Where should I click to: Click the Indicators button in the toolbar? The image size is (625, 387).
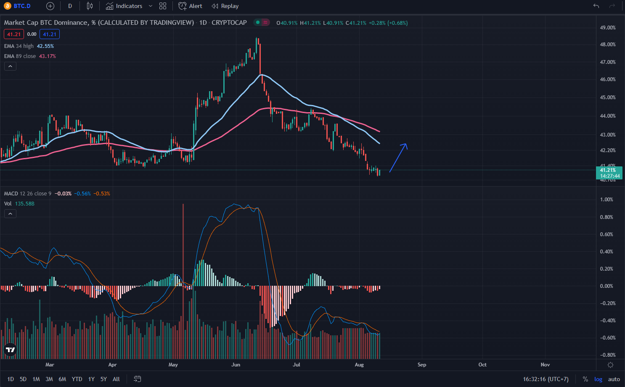click(x=124, y=6)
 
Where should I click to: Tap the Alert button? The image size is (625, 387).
click(x=191, y=6)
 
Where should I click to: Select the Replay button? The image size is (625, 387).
click(x=225, y=6)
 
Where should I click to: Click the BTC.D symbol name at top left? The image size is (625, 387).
click(x=22, y=6)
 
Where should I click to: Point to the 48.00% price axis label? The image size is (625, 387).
click(x=607, y=45)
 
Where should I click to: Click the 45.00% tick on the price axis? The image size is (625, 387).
click(x=607, y=97)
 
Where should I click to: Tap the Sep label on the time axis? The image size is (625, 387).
click(x=422, y=365)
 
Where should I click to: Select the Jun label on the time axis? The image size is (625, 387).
click(x=236, y=365)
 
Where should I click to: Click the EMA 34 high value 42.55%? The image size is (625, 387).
click(x=45, y=46)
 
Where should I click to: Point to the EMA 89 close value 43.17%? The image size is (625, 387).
click(x=48, y=56)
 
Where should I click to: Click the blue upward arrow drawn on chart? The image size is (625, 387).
click(x=398, y=158)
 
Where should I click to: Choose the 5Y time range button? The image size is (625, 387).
click(x=103, y=379)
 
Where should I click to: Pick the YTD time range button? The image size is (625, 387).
click(x=77, y=379)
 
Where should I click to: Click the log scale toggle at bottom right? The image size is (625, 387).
click(x=598, y=379)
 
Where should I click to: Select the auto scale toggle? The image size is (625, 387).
click(x=614, y=379)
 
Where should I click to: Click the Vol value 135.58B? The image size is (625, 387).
click(x=25, y=204)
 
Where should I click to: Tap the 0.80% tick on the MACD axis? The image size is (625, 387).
click(x=606, y=217)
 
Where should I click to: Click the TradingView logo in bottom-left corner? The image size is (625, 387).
click(x=10, y=350)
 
